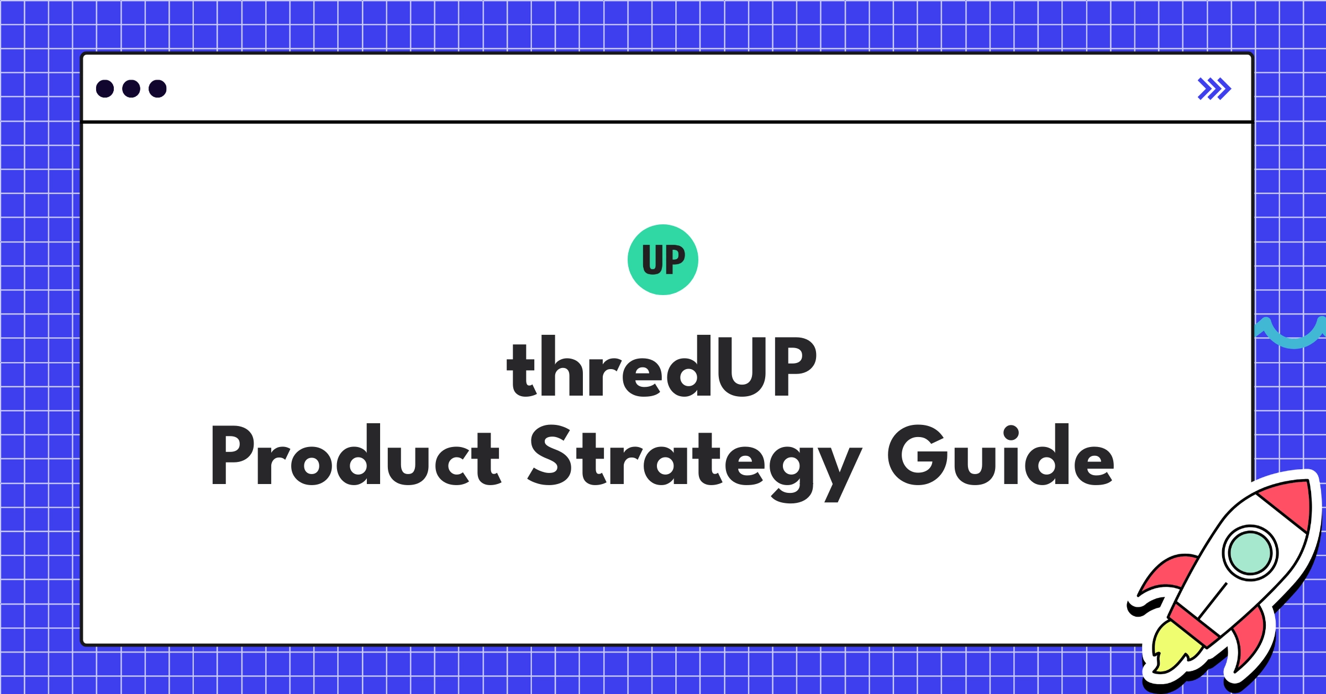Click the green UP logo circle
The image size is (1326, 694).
tap(662, 260)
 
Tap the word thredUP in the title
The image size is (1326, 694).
tap(661, 367)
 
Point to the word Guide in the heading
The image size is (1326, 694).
tap(1000, 455)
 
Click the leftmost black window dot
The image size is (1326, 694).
tap(105, 88)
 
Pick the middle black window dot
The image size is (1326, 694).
tap(131, 88)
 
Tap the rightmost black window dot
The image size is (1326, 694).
tap(157, 88)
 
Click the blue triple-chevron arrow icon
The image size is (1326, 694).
tap(1214, 88)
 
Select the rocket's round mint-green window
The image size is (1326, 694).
tap(1250, 553)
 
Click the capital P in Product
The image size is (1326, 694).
tap(232, 455)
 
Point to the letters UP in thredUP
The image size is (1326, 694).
tap(767, 367)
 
